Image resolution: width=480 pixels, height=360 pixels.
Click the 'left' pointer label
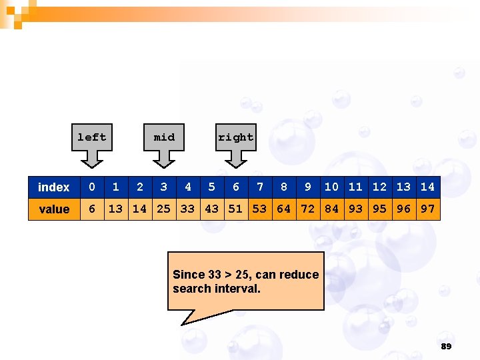click(x=92, y=137)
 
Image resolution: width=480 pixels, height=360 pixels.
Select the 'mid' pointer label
click(x=164, y=137)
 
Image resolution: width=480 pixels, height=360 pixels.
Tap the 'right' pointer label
click(x=235, y=137)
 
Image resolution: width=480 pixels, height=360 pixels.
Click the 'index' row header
click(x=54, y=187)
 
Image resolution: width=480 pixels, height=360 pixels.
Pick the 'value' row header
click(x=54, y=209)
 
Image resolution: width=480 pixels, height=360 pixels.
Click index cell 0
click(x=92, y=187)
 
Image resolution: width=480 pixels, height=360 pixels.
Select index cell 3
click(x=164, y=187)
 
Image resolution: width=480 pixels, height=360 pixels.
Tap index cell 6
click(x=235, y=187)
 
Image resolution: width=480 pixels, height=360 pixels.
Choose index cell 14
click(x=427, y=187)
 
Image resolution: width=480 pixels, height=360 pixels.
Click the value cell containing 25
click(x=163, y=209)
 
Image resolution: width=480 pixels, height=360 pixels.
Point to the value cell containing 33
click(x=187, y=209)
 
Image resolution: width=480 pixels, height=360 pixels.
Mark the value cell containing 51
click(x=235, y=209)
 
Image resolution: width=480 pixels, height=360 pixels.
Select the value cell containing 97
click(x=427, y=209)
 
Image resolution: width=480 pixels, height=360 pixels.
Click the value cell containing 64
click(x=284, y=209)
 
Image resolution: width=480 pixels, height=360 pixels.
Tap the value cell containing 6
click(x=92, y=209)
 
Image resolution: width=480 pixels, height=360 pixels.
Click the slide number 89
click(x=446, y=347)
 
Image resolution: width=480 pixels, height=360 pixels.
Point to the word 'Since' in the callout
click(x=189, y=275)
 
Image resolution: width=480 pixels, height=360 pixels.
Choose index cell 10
click(x=331, y=187)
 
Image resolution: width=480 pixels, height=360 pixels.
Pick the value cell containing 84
click(x=331, y=209)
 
